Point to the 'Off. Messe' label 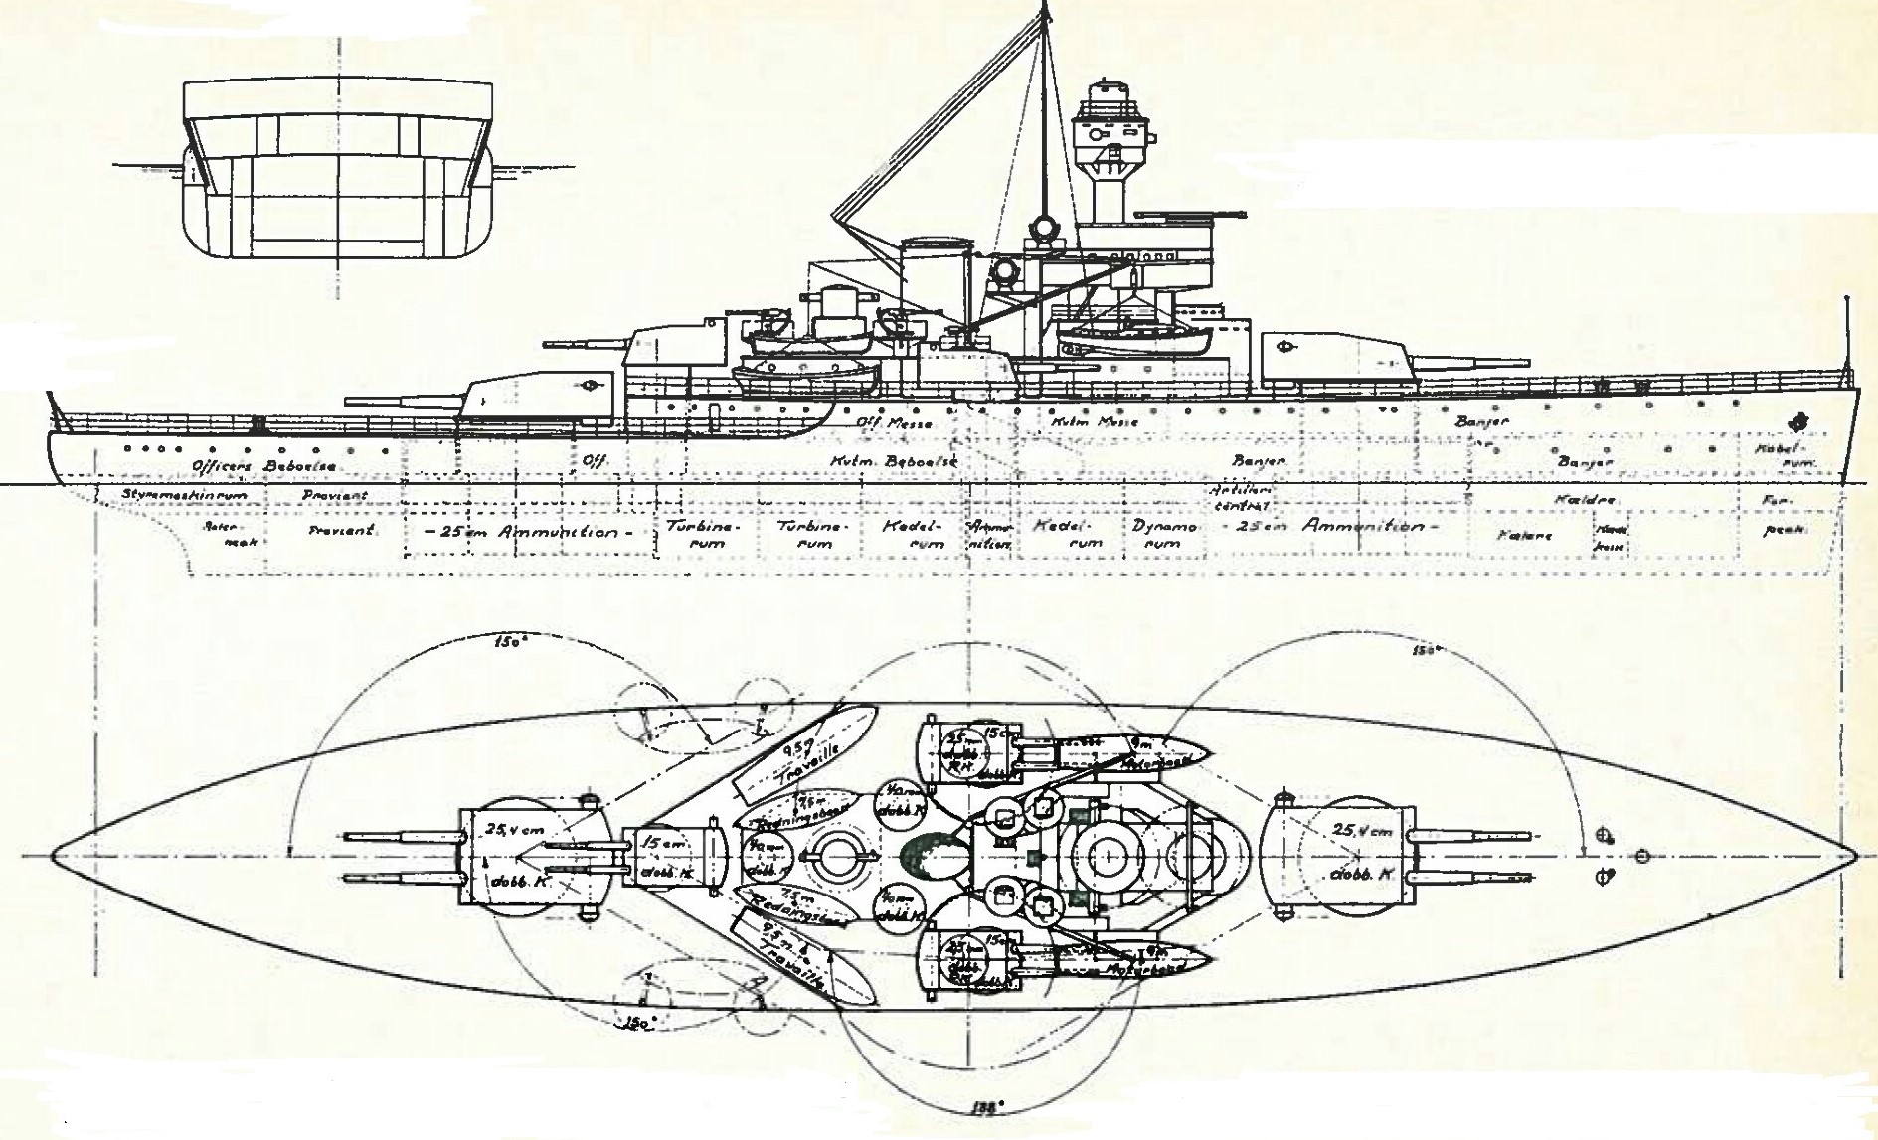[x=894, y=422]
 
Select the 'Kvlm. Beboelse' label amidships [x=875, y=462]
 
